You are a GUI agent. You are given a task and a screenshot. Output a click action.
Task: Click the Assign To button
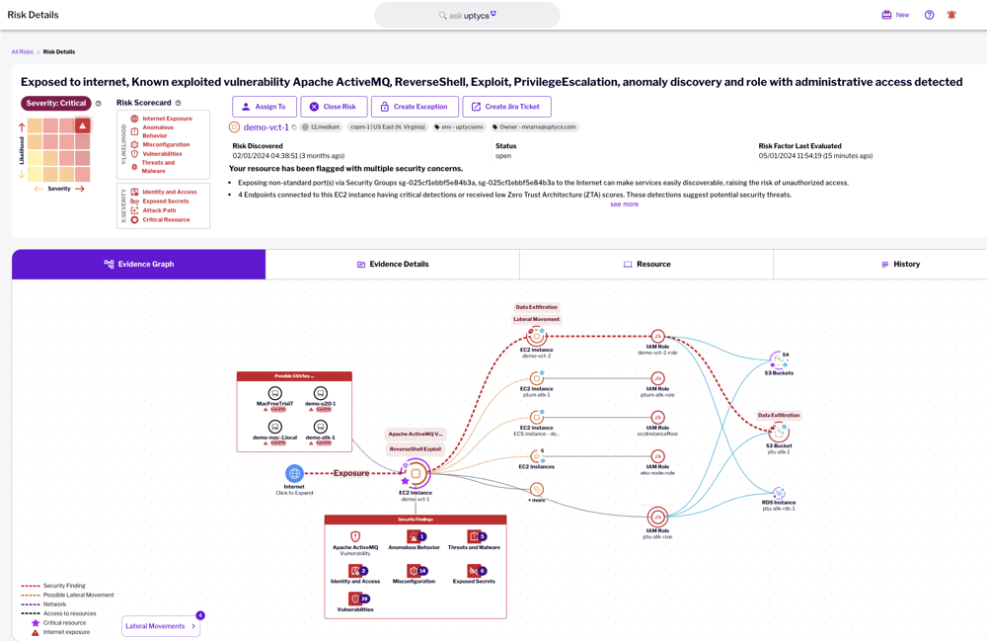tap(265, 107)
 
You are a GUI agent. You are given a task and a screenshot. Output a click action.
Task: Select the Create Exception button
tap(415, 107)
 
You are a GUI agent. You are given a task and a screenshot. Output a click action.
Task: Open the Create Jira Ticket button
tap(506, 107)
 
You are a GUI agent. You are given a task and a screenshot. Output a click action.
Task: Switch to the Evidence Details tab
tap(392, 265)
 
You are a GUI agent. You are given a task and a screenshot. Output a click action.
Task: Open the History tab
tap(900, 265)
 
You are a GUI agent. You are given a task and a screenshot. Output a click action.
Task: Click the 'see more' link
tap(624, 204)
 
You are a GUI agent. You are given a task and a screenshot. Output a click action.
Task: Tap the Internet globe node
tap(294, 474)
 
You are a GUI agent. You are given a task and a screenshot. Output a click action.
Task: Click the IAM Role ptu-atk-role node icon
tap(657, 517)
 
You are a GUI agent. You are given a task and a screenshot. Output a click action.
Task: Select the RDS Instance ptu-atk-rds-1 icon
tap(779, 493)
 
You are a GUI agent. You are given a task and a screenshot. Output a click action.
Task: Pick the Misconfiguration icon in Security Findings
tap(414, 571)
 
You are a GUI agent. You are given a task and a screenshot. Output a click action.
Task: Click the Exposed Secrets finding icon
tap(474, 571)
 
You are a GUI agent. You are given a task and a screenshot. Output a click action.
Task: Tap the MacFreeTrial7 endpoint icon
tap(275, 394)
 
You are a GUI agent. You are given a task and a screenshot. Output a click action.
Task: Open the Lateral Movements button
tap(161, 626)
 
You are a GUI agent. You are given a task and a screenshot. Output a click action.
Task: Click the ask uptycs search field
tap(467, 15)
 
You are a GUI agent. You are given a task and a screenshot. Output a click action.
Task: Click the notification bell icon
tap(951, 15)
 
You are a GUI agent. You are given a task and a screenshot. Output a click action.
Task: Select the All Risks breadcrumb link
tap(22, 51)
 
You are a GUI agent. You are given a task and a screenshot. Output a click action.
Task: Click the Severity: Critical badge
tap(56, 103)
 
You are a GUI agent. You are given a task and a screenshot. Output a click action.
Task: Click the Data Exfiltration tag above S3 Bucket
tap(779, 416)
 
